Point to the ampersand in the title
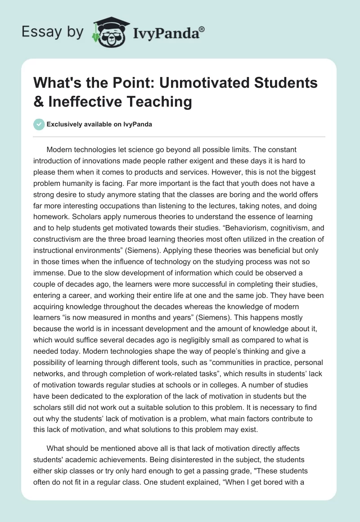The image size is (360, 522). [39, 102]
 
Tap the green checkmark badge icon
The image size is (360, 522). [39, 125]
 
